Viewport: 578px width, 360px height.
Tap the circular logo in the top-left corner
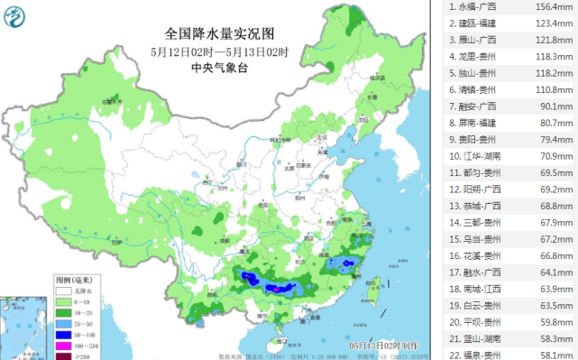click(17, 15)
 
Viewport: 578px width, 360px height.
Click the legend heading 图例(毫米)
click(71, 281)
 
